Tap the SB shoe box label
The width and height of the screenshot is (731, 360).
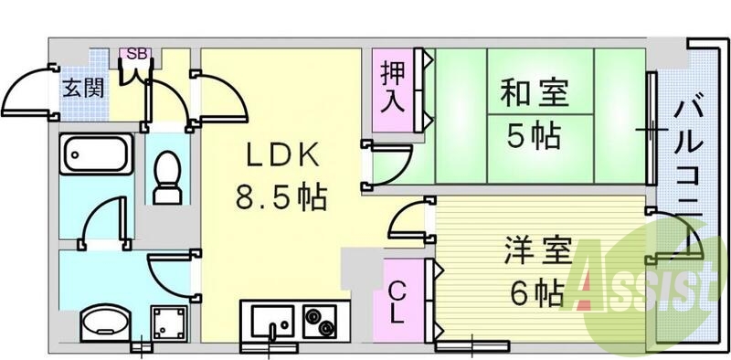pos(137,54)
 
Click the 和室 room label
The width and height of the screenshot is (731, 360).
pos(535,93)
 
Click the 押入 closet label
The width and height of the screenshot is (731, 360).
pos(393,88)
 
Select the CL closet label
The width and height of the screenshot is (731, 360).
pos(398,302)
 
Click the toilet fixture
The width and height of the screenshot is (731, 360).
pos(166,177)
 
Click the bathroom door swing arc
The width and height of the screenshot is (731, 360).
pos(102,224)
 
